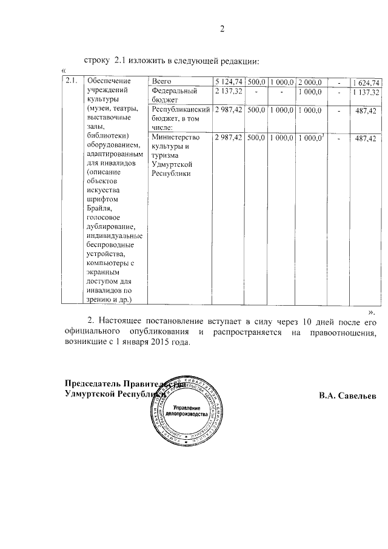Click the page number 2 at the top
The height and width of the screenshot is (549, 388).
pos(222,28)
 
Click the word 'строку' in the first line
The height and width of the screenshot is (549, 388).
pos(97,61)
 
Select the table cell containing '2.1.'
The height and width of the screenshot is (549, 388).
pos(71,81)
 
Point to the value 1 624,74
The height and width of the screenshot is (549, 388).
pos(366,82)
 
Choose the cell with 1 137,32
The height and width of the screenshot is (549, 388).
pos(366,92)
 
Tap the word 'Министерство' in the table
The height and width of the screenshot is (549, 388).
pos(176,138)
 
